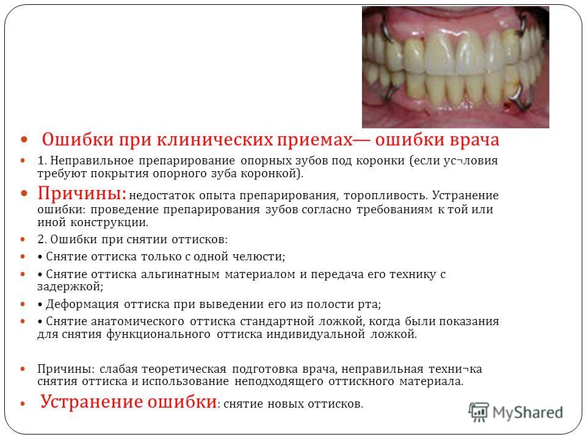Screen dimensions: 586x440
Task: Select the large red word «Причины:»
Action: [82, 194]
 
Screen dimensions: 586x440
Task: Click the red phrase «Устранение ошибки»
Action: [129, 402]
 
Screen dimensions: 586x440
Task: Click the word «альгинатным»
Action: [180, 274]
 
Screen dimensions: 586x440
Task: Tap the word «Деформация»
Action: [82, 304]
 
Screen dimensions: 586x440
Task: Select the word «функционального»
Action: [158, 334]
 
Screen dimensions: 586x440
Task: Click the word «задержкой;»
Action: [70, 287]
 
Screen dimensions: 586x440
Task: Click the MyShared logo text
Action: [527, 413]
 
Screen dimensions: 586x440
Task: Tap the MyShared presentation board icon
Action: [479, 412]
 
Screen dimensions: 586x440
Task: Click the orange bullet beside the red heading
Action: [24, 141]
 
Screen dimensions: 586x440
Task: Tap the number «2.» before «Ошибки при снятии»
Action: [42, 240]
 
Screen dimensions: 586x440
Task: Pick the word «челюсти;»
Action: [259, 257]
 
